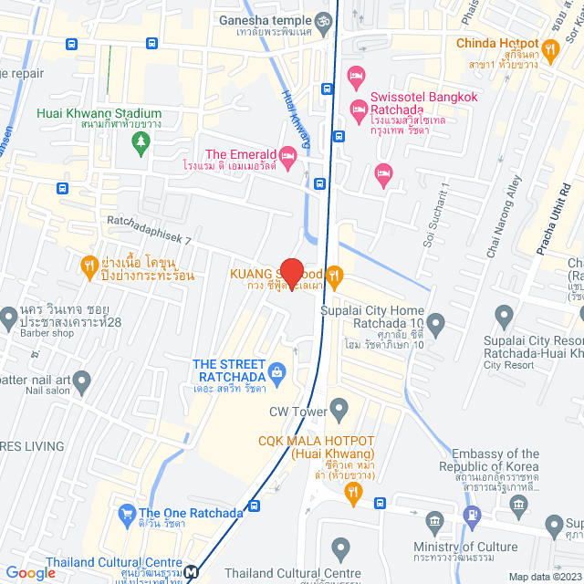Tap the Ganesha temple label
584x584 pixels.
(x=262, y=19)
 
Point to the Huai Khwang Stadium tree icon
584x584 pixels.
(x=140, y=142)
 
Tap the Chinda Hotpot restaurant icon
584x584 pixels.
(x=549, y=48)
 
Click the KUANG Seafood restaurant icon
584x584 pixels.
(x=335, y=274)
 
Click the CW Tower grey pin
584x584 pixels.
(x=339, y=407)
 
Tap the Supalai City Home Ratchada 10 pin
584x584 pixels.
(x=436, y=323)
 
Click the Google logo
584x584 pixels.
(x=30, y=572)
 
